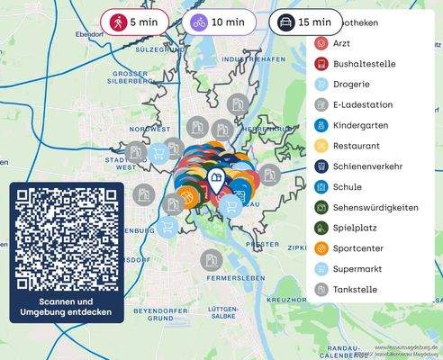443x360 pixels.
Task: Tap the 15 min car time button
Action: [x=305, y=21]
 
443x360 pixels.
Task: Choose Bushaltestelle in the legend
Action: [x=360, y=63]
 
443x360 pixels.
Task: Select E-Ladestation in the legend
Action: [x=360, y=104]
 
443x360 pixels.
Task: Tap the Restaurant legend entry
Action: [x=356, y=146]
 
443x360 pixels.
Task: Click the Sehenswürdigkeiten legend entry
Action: [x=374, y=208]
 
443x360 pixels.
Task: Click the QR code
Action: [x=67, y=237]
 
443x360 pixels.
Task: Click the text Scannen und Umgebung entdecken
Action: [x=67, y=307]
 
